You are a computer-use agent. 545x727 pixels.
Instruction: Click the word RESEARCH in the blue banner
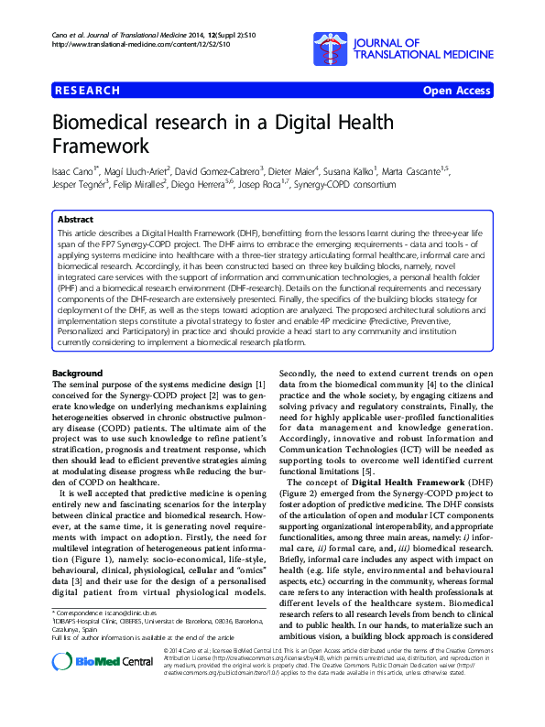pos(88,91)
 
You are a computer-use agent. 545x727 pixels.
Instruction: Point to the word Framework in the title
pos(101,146)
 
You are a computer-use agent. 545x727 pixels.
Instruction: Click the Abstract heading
pos(75,221)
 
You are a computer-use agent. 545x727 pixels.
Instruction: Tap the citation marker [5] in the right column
pos(365,471)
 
